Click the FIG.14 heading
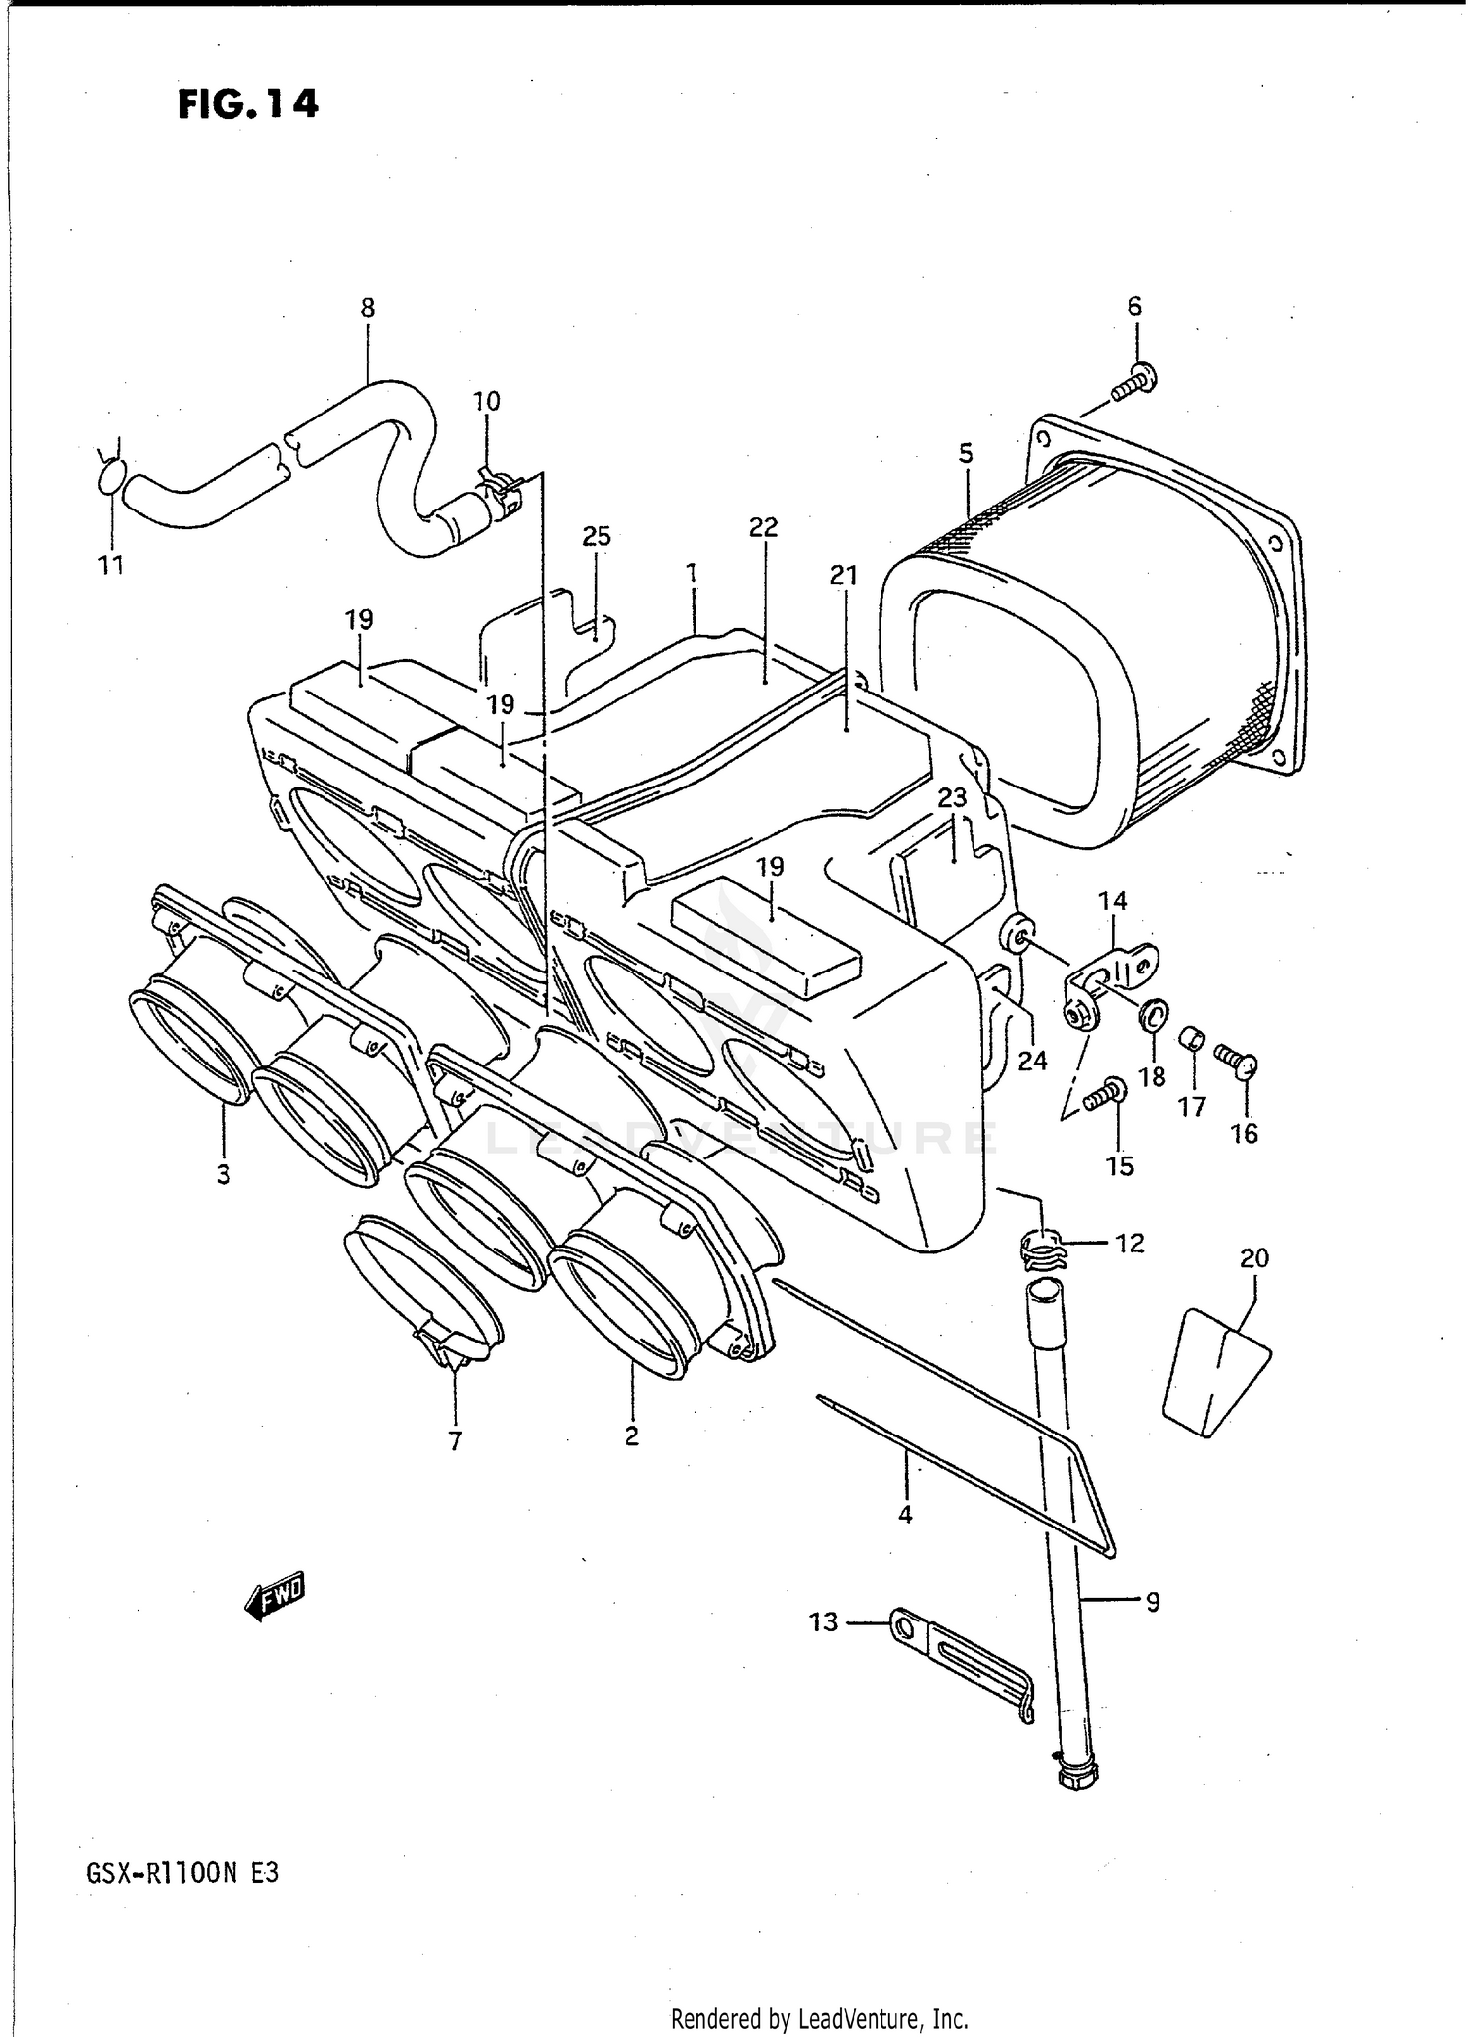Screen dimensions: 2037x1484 (x=248, y=103)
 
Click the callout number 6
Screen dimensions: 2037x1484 (x=1134, y=307)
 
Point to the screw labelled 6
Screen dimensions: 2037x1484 (x=1134, y=382)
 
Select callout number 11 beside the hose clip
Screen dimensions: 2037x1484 (x=111, y=565)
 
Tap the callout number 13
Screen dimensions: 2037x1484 (x=823, y=1621)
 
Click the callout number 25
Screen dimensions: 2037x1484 (x=596, y=537)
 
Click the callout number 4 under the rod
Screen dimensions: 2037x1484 (x=905, y=1514)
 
